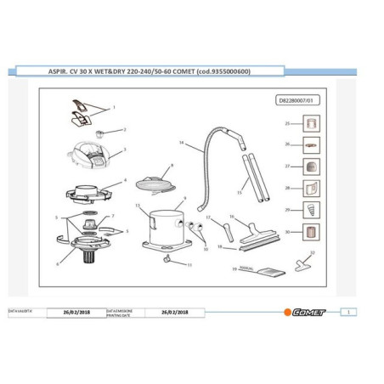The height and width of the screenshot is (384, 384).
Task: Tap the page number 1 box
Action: (351, 312)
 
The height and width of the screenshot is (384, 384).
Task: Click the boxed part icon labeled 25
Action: (311, 124)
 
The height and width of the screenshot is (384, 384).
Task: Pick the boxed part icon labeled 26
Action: (311, 145)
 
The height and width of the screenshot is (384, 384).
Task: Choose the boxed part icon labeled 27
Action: (311, 167)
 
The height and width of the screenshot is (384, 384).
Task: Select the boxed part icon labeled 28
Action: (311, 188)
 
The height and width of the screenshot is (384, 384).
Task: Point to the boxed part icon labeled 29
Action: (311, 210)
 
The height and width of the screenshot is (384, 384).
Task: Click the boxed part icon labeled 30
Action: (311, 231)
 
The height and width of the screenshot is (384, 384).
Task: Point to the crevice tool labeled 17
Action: (211, 230)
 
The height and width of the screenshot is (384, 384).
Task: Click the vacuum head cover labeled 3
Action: (91, 157)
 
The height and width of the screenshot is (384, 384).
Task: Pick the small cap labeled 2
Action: (100, 133)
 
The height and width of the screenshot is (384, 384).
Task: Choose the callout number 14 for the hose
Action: (182, 142)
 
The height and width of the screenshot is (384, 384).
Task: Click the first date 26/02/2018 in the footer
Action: (77, 312)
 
